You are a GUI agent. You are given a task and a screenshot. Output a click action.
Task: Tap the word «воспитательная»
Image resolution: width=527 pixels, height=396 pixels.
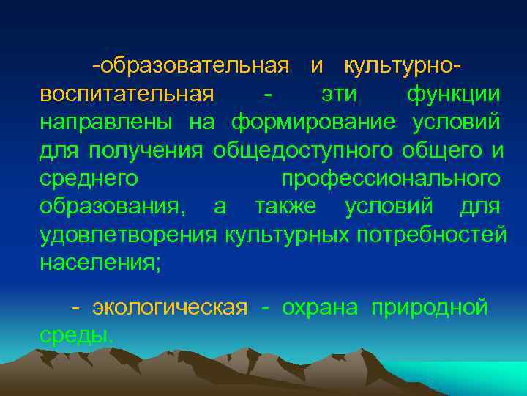pyautogui.click(x=127, y=95)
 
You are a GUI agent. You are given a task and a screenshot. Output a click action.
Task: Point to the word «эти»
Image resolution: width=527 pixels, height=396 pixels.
pyautogui.click(x=340, y=95)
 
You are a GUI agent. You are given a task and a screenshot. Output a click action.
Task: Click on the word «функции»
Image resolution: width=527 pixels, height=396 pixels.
pyautogui.click(x=454, y=95)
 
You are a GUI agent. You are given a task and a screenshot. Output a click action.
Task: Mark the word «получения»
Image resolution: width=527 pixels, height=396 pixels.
pyautogui.click(x=146, y=150)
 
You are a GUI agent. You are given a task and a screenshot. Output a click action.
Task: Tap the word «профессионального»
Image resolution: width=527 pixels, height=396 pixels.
pyautogui.click(x=391, y=178)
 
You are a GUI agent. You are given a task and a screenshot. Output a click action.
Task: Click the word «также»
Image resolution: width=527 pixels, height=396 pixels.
pyautogui.click(x=285, y=206)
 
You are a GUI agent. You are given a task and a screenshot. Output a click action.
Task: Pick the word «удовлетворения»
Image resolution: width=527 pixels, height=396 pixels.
pyautogui.click(x=129, y=234)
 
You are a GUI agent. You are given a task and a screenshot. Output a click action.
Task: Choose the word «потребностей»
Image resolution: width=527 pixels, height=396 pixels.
pyautogui.click(x=432, y=234)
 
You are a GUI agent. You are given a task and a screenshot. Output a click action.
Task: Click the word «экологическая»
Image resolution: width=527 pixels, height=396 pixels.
pyautogui.click(x=170, y=308)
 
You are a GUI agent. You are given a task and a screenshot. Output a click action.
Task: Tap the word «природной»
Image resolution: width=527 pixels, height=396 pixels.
pyautogui.click(x=429, y=308)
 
